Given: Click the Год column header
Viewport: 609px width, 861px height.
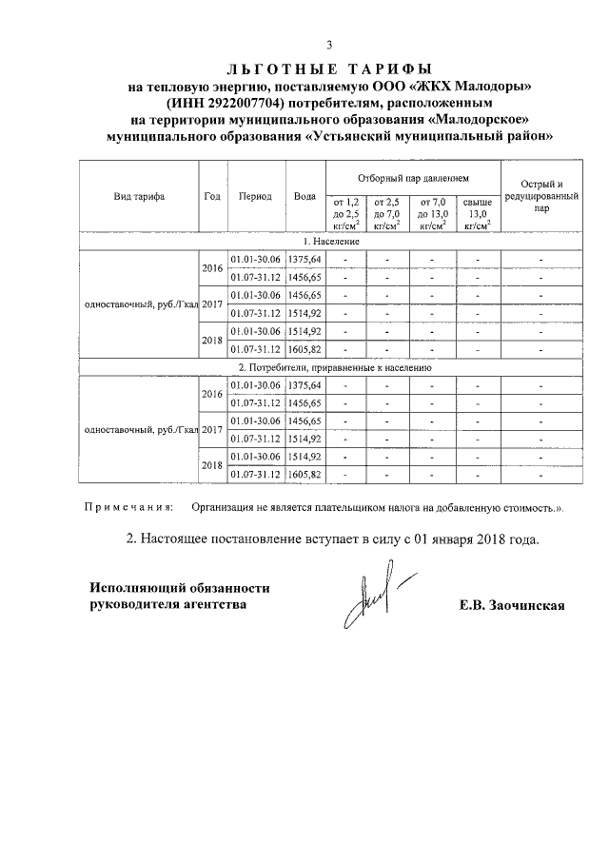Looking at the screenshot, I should point(212,197).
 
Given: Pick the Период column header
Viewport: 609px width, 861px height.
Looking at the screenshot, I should point(255,197).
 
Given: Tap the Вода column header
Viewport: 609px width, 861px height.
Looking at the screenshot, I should point(304,197).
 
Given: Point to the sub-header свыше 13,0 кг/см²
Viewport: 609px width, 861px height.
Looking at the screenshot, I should point(478,214).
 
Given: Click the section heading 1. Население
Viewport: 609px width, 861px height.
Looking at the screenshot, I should point(330,243).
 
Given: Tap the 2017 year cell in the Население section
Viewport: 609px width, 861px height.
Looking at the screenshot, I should point(212,303).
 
